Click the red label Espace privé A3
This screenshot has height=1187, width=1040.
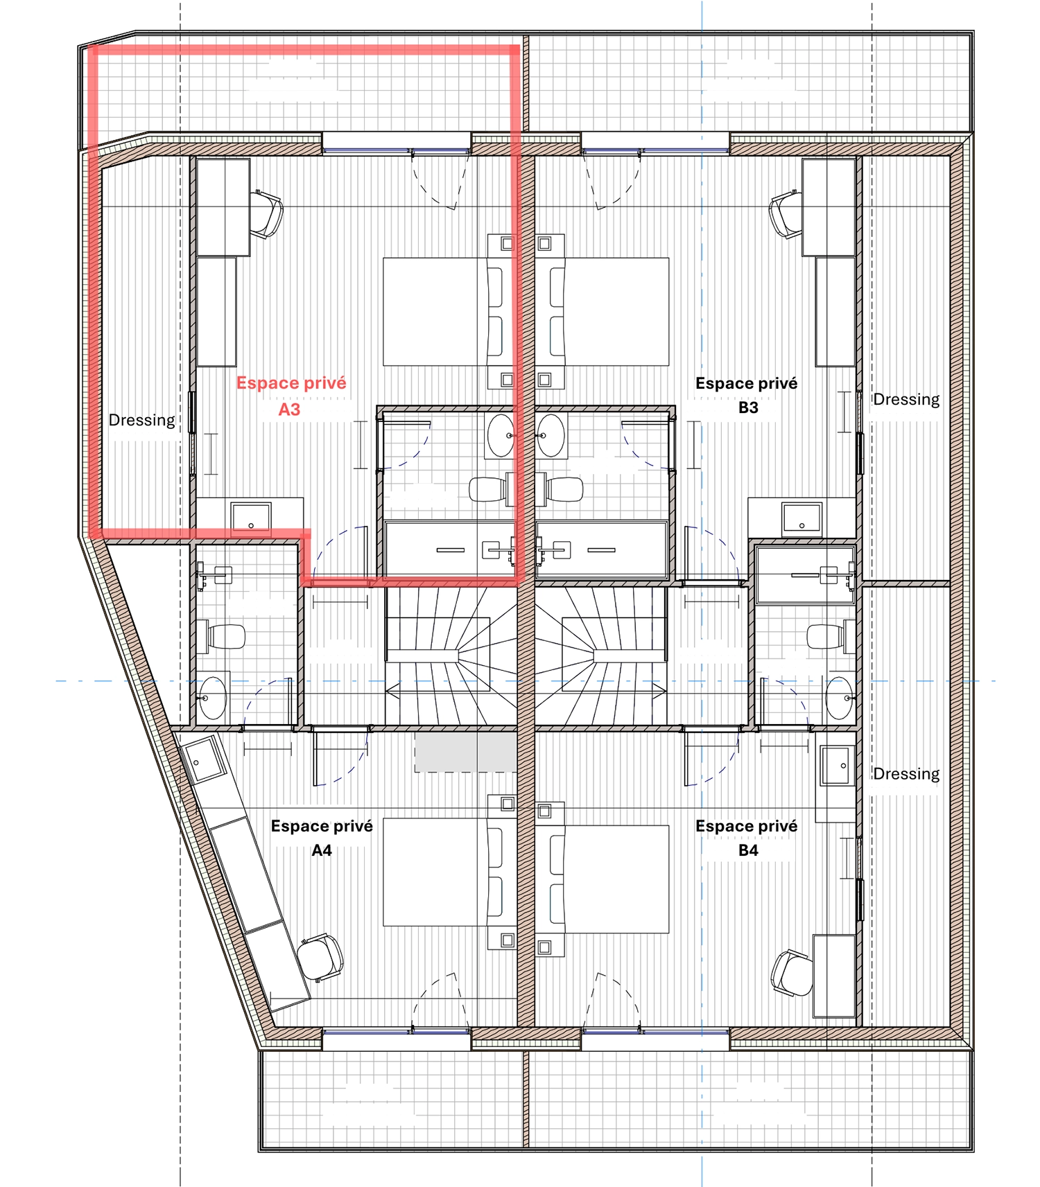coord(291,396)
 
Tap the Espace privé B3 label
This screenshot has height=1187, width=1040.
coord(747,395)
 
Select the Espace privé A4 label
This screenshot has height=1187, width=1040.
coord(322,838)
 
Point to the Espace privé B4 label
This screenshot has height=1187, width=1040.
coord(747,838)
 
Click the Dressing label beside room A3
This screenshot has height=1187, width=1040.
coord(142,420)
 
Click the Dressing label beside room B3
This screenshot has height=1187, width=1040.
coord(906,399)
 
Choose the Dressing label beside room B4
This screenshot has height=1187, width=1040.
coord(906,773)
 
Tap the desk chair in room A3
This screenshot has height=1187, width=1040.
coord(266,214)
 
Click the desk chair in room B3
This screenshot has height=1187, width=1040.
coord(786,214)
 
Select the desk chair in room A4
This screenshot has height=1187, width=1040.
coord(320,957)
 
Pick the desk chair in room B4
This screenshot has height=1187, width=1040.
coord(791,972)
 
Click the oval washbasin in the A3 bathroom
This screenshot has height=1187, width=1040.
coord(501,435)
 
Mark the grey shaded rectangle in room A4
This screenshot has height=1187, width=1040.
coord(466,752)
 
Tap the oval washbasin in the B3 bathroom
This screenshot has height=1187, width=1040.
coord(551,435)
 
